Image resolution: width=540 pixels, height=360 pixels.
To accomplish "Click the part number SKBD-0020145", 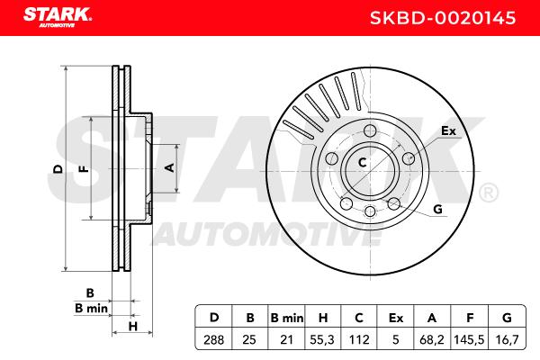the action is pos(443,18).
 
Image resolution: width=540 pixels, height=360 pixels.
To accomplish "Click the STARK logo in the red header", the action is pos(58,16).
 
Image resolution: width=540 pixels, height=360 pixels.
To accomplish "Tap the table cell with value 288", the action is pos(213,339).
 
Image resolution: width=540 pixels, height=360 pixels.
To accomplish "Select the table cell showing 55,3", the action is pos(322,339).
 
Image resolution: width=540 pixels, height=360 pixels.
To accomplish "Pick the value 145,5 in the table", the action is pos(469,339).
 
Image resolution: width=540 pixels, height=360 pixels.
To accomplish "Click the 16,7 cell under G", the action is pos(507,339).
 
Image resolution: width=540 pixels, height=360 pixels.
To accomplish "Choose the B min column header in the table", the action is pos(287,318).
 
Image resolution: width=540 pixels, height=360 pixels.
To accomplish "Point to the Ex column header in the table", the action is pos(395,318).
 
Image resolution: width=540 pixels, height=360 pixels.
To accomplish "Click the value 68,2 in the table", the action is pos(431,339).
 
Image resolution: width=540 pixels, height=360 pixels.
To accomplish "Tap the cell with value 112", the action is pos(359,339).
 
